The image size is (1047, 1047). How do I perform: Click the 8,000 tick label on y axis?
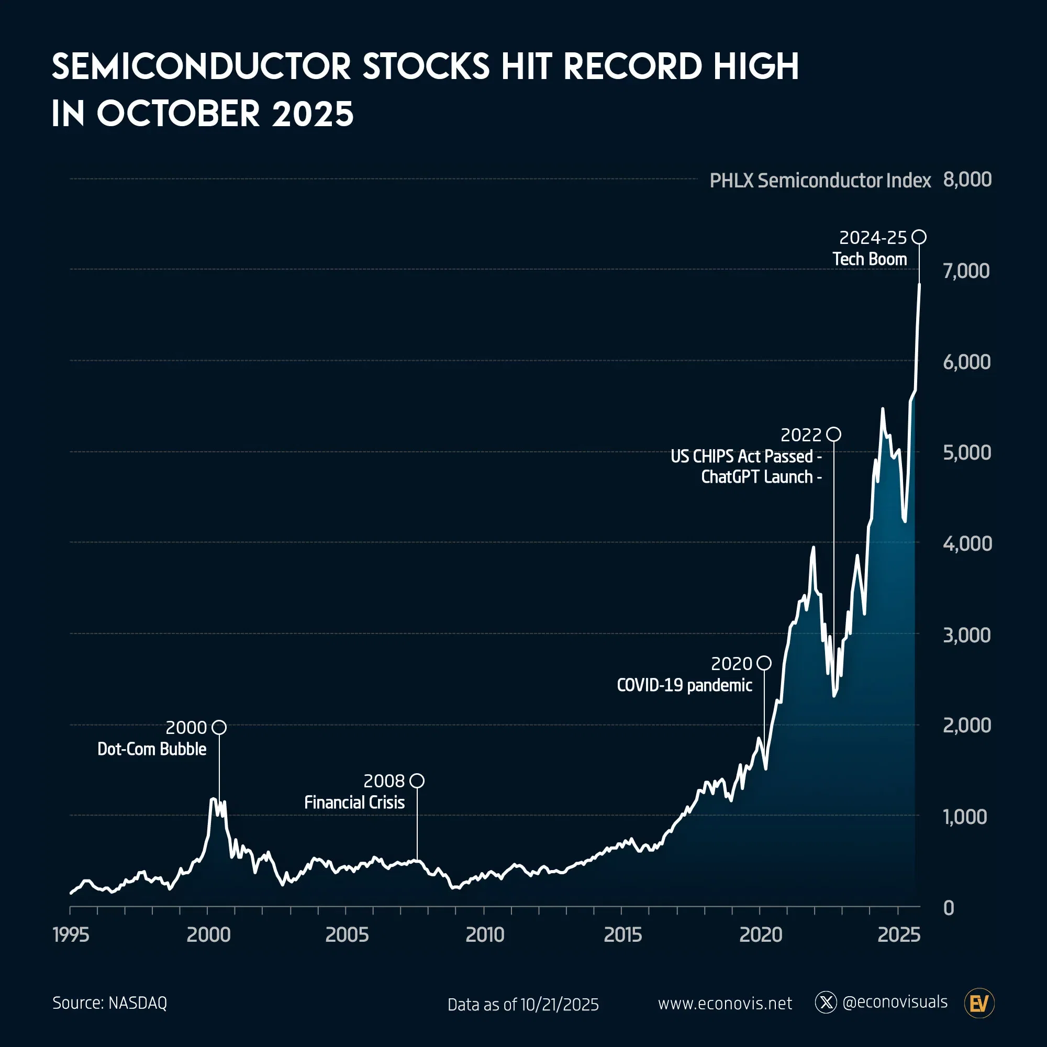(x=967, y=180)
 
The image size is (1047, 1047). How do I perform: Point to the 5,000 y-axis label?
(x=967, y=452)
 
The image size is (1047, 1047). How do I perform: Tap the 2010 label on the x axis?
(x=485, y=934)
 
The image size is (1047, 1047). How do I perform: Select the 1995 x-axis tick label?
(x=71, y=934)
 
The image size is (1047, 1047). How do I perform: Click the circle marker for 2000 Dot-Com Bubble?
(x=219, y=727)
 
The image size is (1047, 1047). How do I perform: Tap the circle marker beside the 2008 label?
(x=417, y=781)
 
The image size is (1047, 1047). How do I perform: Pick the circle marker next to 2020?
(x=764, y=663)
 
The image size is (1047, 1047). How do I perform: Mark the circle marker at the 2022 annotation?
(x=834, y=434)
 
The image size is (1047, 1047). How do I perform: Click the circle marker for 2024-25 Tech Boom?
(x=919, y=237)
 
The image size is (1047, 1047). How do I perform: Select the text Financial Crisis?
(x=354, y=803)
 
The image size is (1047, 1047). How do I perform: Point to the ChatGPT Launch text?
(x=757, y=477)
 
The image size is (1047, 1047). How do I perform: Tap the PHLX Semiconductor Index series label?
(x=820, y=181)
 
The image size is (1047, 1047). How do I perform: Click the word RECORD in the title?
(x=633, y=67)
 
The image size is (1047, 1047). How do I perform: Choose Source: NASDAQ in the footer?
(x=110, y=1003)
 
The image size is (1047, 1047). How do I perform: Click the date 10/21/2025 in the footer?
(x=560, y=1005)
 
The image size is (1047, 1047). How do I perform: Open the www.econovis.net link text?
(x=725, y=1004)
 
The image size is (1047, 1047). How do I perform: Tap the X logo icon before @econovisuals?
(x=826, y=1003)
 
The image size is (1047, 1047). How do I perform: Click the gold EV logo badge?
(x=979, y=1004)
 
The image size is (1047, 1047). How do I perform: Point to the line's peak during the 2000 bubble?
(x=214, y=799)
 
